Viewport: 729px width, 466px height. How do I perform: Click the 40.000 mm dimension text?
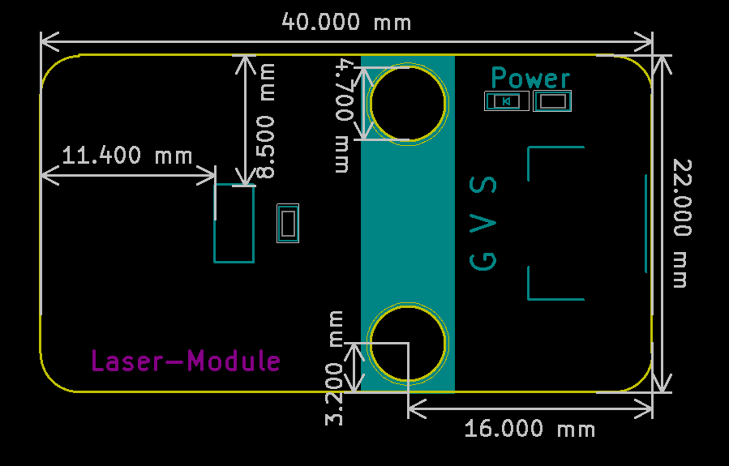point(346,22)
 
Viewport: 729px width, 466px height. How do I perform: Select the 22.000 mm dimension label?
point(683,224)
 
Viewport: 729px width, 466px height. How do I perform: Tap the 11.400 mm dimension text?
point(127,155)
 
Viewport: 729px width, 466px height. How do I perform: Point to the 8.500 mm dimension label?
point(266,121)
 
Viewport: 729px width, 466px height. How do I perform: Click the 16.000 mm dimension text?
point(530,429)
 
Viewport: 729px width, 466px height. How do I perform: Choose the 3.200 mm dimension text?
point(334,368)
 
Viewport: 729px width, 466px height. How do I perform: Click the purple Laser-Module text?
point(186,361)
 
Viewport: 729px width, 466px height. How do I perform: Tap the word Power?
point(530,78)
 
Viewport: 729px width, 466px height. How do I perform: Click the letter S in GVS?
point(483,185)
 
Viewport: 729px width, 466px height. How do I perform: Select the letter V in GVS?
point(483,224)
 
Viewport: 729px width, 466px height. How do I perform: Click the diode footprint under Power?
point(507,100)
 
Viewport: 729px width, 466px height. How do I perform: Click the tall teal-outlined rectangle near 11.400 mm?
point(214,224)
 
